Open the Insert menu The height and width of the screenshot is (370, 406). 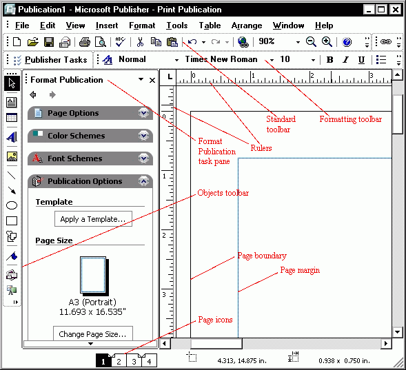(107, 25)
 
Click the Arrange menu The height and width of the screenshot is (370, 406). (247, 25)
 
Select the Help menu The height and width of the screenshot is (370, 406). (324, 25)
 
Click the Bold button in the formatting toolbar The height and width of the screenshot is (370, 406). (330, 60)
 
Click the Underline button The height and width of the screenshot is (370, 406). (361, 60)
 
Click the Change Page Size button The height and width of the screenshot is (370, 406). (92, 334)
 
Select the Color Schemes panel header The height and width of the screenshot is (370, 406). (76, 136)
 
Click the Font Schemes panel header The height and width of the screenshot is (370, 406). (74, 158)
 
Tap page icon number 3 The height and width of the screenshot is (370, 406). (134, 361)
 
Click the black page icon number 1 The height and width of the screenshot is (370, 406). (103, 361)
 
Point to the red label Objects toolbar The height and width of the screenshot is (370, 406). (223, 193)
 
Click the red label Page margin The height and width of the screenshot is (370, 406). (300, 270)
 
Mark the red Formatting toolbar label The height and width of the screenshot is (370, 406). (350, 119)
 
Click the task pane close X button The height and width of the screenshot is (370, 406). (152, 80)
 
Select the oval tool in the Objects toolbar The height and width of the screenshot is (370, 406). (12, 205)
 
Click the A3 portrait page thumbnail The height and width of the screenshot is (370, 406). (92, 276)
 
